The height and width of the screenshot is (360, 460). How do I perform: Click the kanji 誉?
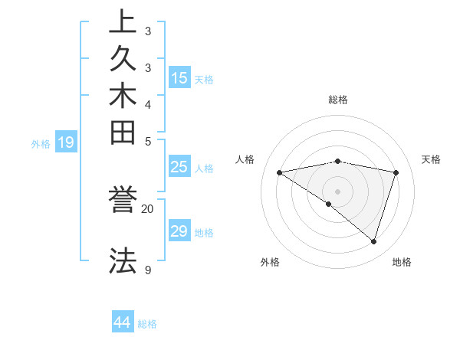click(123, 201)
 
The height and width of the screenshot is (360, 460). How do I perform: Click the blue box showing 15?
click(179, 77)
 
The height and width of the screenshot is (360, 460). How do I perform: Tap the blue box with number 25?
click(179, 167)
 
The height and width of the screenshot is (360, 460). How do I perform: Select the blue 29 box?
click(179, 231)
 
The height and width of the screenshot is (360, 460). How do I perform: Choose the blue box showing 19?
click(66, 142)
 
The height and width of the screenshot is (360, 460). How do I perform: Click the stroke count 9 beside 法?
click(147, 270)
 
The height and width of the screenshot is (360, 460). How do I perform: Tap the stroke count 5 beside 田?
click(147, 141)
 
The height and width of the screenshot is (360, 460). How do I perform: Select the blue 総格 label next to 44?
click(147, 324)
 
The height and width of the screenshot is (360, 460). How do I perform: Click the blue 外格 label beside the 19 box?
click(41, 143)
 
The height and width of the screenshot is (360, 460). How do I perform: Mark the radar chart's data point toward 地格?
click(373, 241)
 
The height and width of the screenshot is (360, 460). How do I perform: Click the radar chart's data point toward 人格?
click(280, 172)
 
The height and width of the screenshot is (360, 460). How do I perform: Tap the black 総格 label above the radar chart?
click(337, 100)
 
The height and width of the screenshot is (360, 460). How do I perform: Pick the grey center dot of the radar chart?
click(337, 191)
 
